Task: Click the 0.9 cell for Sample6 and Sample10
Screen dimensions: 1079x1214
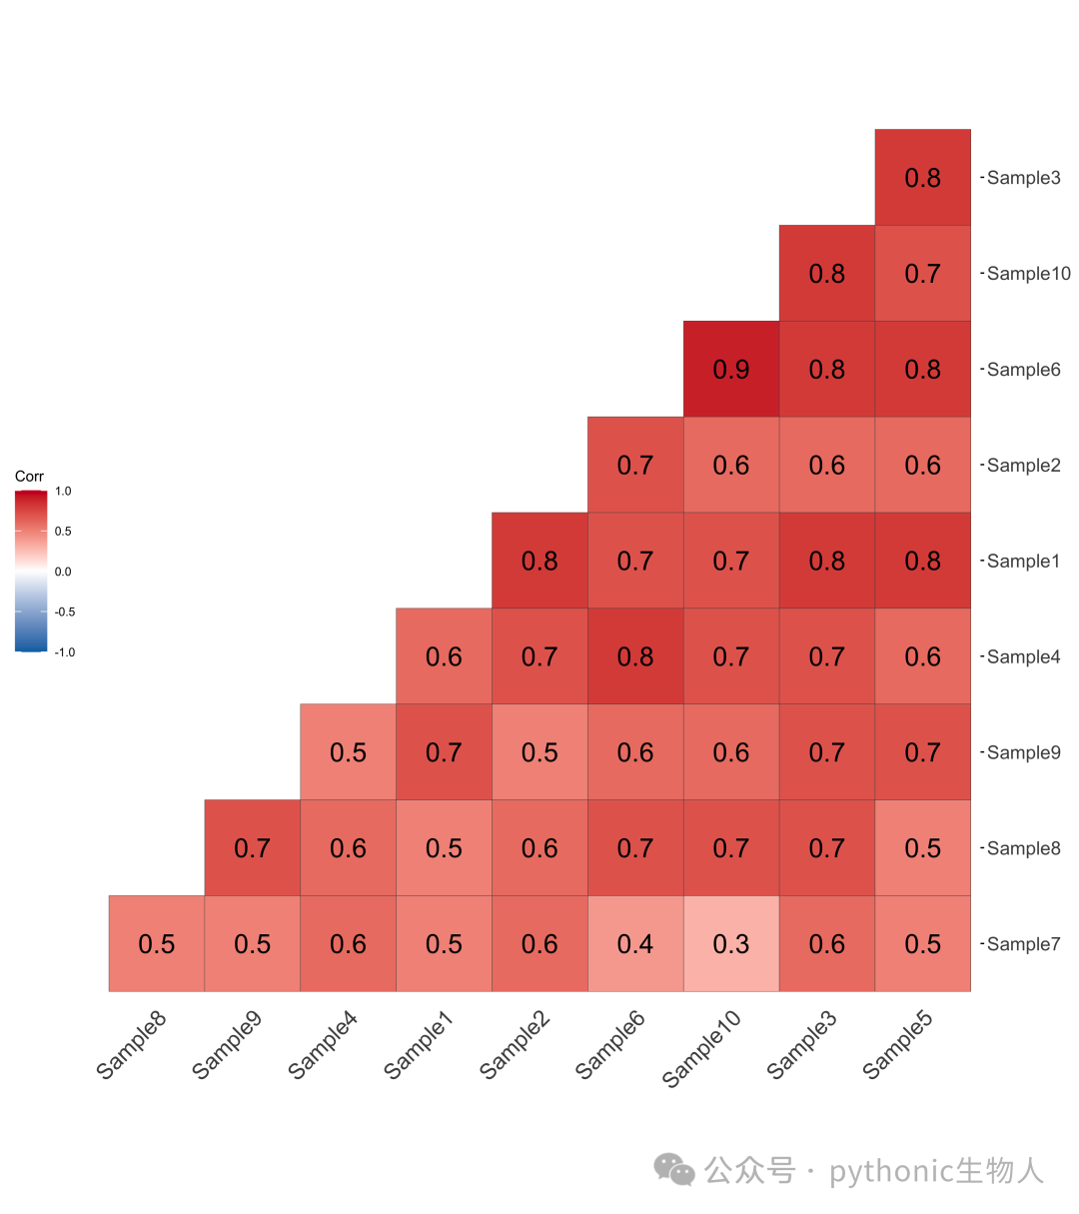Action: point(731,369)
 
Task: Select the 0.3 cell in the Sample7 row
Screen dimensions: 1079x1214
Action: point(731,944)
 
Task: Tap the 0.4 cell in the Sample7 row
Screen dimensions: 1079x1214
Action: point(635,944)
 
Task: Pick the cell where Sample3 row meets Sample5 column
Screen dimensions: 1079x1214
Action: point(922,178)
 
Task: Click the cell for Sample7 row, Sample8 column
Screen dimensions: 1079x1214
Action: point(157,944)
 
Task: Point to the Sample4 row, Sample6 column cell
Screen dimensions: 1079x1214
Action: point(635,656)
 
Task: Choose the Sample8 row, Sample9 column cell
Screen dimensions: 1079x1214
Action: point(252,848)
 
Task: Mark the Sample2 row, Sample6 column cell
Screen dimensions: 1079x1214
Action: point(635,465)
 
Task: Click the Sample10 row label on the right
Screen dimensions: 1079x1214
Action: point(1029,273)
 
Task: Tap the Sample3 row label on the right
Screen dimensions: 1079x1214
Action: point(1023,178)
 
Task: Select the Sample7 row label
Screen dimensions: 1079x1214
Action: point(1023,944)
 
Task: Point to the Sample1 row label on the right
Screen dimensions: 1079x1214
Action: point(1023,561)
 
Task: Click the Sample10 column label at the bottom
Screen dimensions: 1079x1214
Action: point(701,1048)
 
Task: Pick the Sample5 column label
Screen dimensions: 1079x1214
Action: point(897,1044)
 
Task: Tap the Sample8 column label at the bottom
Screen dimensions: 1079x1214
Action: point(131,1044)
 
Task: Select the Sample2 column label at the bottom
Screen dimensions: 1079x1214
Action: point(515,1044)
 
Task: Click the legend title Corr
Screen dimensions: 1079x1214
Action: point(29,477)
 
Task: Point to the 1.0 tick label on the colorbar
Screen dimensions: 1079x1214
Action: point(63,492)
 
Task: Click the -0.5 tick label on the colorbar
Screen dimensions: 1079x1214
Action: point(65,611)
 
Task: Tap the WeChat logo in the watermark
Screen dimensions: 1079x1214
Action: point(674,1169)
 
